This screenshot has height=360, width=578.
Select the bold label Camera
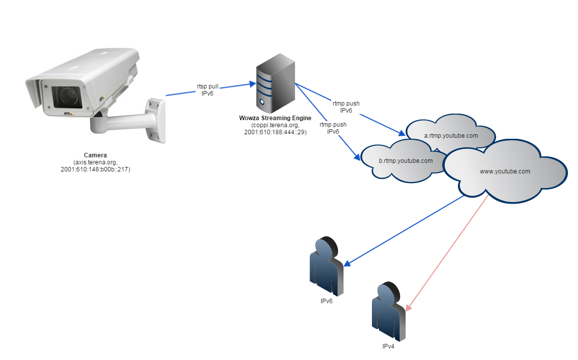tap(95, 155)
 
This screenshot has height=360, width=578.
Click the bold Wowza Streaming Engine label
tap(275, 118)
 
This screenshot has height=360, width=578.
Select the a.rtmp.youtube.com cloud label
tap(451, 135)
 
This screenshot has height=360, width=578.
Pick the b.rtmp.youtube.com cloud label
tap(406, 161)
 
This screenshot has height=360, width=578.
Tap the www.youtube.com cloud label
tap(505, 171)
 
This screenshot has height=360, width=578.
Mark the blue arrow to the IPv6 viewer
tap(407, 229)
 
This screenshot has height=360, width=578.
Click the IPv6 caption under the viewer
tap(327, 301)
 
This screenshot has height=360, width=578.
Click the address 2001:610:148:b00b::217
tap(95, 169)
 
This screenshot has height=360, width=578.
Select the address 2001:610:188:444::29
tap(275, 132)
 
